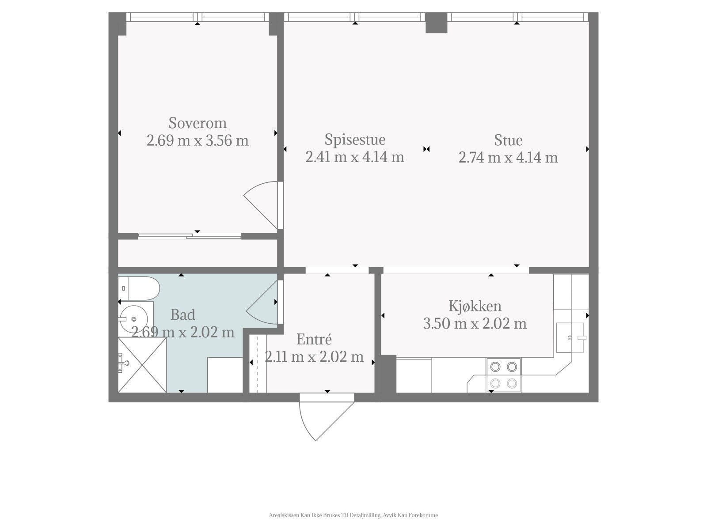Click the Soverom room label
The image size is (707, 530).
pos(198,123)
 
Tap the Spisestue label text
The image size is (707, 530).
pos(355,140)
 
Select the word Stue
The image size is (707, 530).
pos(508,140)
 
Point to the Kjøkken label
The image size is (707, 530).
pos(475,306)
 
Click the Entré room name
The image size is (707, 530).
pos(314,339)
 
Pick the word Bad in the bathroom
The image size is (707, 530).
pos(182,315)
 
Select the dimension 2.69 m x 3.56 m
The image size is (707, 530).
pos(198,140)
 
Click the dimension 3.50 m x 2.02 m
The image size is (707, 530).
pos(475,323)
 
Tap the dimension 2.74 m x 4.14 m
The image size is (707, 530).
pos(508,158)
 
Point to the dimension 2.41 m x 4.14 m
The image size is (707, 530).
pos(355,157)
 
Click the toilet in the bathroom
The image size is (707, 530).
pos(139,288)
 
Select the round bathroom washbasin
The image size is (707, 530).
pos(134,319)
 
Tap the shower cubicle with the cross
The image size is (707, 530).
pos(142,365)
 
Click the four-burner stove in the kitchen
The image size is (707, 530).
pos(503,375)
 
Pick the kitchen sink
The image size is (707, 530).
pos(570,337)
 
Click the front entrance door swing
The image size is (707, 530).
pos(327,421)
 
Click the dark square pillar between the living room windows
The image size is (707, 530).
pos(437,23)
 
